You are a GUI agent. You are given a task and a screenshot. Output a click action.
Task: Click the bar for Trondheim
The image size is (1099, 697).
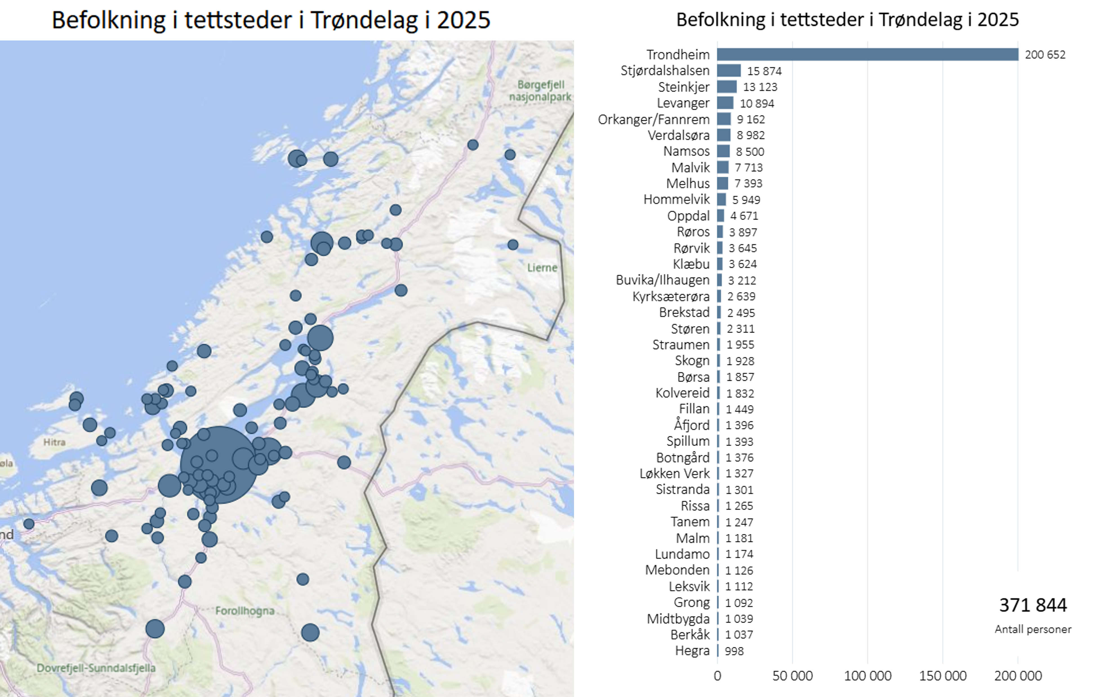[x=867, y=54]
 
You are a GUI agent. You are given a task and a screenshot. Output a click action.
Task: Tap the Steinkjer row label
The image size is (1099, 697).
[x=683, y=87]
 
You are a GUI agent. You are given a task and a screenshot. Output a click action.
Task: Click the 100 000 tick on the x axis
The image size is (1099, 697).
[x=867, y=676]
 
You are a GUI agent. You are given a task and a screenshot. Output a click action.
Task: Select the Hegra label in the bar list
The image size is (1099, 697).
[x=692, y=651]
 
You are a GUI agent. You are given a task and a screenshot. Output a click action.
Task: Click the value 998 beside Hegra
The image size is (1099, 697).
[x=734, y=651]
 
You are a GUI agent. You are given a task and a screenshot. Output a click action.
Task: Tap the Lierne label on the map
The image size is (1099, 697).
[x=542, y=268]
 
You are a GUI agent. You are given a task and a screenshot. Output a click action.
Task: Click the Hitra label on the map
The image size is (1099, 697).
[x=54, y=442]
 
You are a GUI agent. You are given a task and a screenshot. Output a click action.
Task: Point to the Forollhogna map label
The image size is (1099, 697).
[x=245, y=611]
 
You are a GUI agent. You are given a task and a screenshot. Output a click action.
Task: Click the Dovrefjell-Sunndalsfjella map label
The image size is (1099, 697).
[x=96, y=668]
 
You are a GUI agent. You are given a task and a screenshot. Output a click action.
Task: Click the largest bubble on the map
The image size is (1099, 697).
[x=218, y=465]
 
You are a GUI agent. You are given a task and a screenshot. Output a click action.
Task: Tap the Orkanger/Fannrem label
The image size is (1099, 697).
[x=653, y=119]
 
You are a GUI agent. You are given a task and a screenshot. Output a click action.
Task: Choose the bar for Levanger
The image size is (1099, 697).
[x=725, y=103]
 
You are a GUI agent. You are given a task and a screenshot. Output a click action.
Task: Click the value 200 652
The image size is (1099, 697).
[x=1045, y=55]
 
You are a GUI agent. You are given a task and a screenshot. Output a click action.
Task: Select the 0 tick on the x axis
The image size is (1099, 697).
[x=717, y=676]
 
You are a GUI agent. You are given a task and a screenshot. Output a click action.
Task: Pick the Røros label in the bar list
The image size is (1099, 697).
[x=693, y=232]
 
